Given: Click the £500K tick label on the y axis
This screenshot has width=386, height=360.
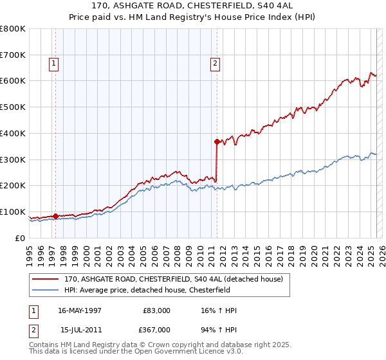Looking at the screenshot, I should click(x=12, y=107).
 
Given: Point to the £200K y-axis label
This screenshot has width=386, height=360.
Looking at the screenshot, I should click(x=12, y=185).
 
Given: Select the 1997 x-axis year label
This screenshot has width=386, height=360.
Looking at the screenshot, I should click(x=52, y=249).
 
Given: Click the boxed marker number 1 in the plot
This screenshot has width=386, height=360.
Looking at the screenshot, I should click(x=53, y=63).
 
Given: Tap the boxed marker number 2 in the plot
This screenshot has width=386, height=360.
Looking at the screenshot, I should click(x=215, y=63).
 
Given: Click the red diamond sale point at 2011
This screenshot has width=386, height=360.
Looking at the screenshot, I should click(x=217, y=141).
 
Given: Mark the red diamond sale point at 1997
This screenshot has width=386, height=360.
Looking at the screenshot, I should click(x=55, y=216).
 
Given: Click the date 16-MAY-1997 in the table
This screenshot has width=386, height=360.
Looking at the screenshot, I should click(x=80, y=310).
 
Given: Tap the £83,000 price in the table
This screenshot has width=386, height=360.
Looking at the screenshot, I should click(x=158, y=310).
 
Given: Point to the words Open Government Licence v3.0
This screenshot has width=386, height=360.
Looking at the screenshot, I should click(x=187, y=352).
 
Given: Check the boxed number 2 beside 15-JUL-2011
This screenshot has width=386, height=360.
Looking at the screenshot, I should click(x=33, y=329).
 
